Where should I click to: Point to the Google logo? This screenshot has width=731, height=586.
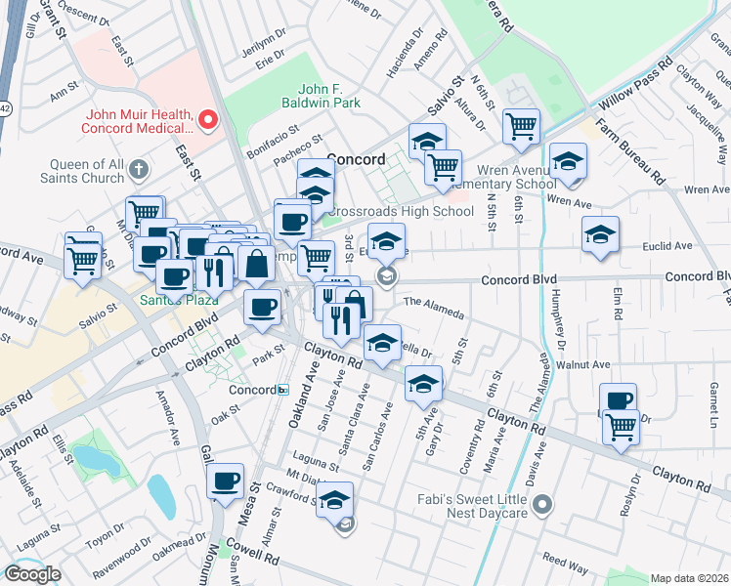pyautogui.click(x=32, y=574)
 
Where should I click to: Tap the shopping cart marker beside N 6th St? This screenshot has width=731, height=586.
pyautogui.click(x=522, y=125)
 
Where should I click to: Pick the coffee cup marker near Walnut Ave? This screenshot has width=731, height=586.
pyautogui.click(x=619, y=399)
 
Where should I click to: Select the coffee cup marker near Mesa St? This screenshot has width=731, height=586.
pyautogui.click(x=225, y=481)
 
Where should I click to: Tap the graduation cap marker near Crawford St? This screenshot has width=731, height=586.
pyautogui.click(x=334, y=500)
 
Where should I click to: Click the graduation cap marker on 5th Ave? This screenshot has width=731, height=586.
pyautogui.click(x=422, y=384)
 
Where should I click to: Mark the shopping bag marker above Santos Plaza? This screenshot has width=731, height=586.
pyautogui.click(x=255, y=263)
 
